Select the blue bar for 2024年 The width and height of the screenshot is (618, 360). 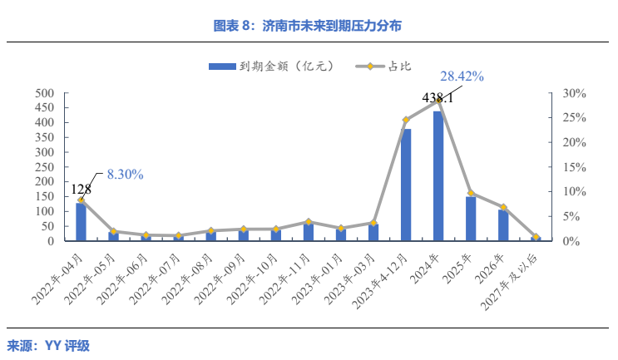(x=438, y=176)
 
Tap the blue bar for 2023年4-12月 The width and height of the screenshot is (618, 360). (x=406, y=185)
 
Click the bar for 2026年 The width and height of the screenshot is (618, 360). (x=503, y=225)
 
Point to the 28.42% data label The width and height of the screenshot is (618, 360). (x=462, y=76)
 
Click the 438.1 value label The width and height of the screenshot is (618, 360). (x=438, y=98)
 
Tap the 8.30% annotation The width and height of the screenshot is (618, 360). (x=125, y=175)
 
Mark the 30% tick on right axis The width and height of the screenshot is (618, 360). (x=575, y=93)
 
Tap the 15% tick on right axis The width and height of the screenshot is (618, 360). (x=575, y=167)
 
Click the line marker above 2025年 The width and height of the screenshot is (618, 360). (x=471, y=193)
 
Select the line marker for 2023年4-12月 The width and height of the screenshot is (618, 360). (x=406, y=121)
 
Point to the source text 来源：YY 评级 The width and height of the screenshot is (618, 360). (x=49, y=346)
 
